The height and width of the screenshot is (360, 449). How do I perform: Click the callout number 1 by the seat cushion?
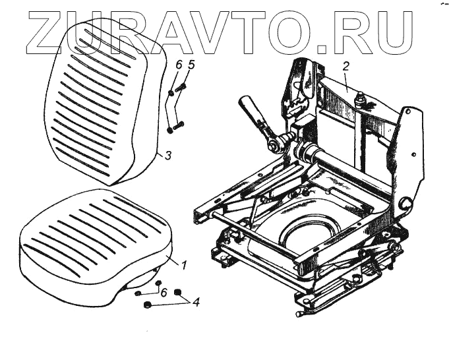[184, 265]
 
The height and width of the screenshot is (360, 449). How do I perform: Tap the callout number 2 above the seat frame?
[345, 66]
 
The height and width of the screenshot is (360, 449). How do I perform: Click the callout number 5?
[191, 65]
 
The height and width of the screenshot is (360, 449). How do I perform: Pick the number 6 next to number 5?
[178, 65]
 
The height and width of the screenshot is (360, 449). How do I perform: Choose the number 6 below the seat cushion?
[164, 292]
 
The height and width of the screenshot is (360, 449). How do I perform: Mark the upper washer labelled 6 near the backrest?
[171, 93]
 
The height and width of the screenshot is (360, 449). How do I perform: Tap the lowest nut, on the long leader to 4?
[147, 305]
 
